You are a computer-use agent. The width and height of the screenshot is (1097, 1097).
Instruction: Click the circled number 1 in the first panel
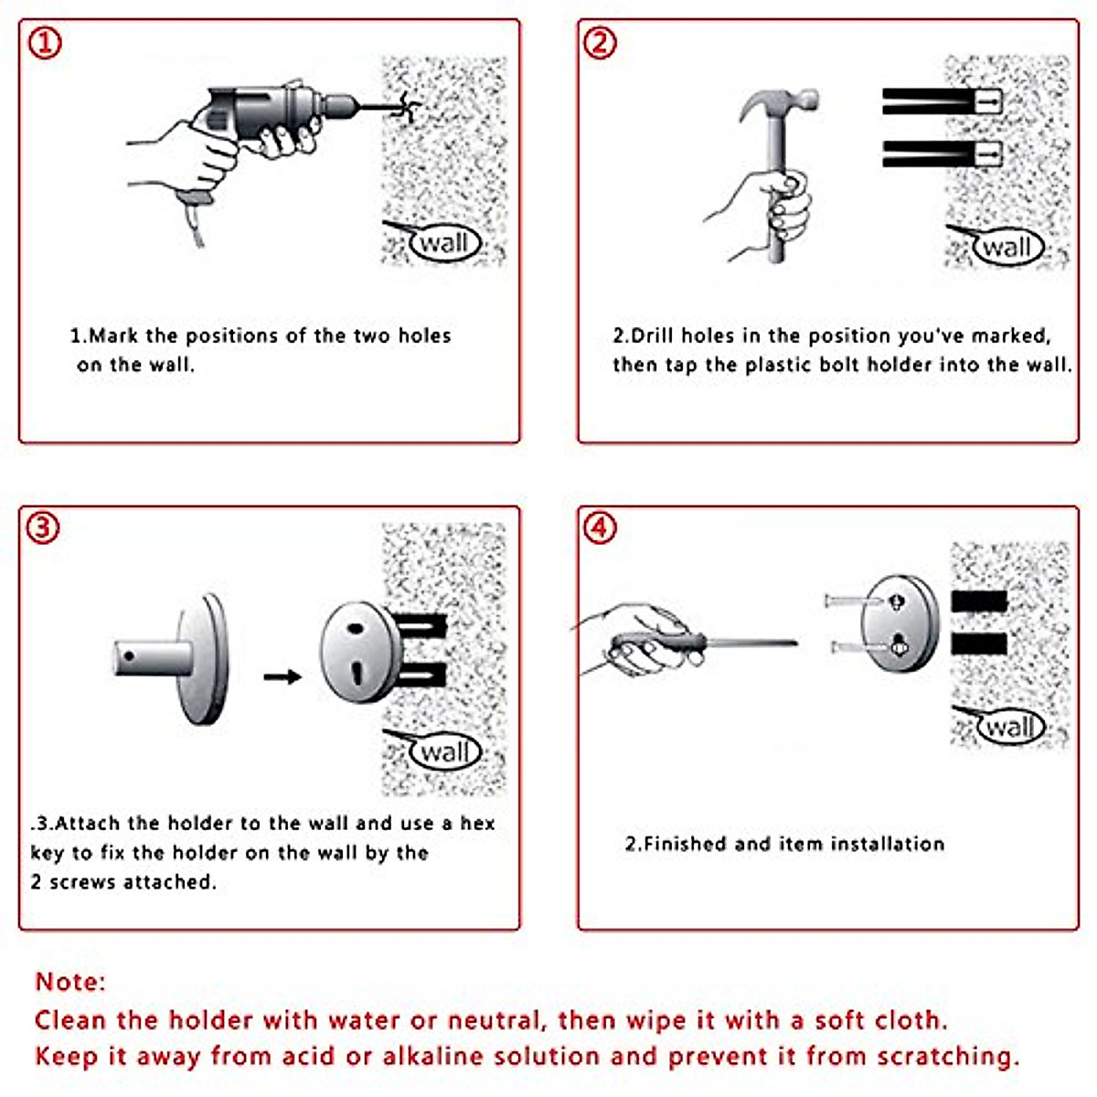click(44, 43)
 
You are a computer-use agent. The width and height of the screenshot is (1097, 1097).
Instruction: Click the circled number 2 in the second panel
click(600, 43)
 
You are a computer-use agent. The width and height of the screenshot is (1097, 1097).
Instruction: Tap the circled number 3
click(43, 527)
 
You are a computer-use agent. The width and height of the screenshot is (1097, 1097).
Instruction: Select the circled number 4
click(600, 527)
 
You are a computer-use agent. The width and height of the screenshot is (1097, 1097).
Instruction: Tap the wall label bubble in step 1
click(444, 243)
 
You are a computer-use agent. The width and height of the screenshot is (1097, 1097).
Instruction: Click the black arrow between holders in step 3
click(282, 676)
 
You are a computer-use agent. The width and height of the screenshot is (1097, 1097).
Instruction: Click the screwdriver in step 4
click(704, 643)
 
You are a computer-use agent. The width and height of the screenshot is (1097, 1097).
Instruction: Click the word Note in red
click(70, 982)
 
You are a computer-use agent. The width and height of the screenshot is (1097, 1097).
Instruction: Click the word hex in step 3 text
click(477, 823)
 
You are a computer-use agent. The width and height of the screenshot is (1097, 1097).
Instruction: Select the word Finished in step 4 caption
click(687, 844)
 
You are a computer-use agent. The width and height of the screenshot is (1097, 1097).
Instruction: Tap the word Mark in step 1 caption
click(113, 335)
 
